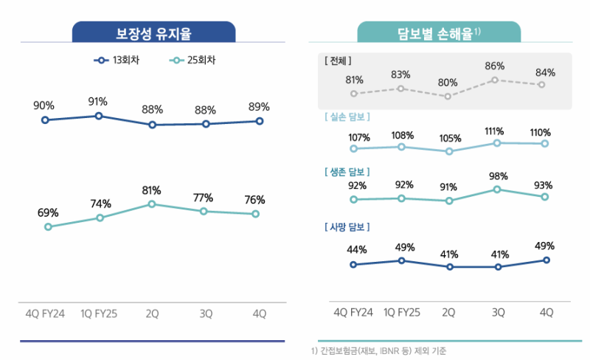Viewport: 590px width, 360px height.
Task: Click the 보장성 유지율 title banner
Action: [x=153, y=32]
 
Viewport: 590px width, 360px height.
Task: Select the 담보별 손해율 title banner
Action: [x=439, y=32]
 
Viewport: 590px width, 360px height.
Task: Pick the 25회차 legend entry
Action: [x=197, y=60]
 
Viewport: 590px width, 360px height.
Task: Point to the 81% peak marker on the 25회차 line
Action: [x=152, y=204]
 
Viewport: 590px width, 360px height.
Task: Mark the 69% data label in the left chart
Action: [x=48, y=213]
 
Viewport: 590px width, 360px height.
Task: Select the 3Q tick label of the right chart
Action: [x=499, y=313]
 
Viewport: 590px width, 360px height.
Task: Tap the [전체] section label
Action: [x=339, y=60]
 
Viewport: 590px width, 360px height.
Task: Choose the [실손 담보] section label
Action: [x=347, y=117]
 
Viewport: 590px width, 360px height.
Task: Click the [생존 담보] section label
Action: [x=347, y=171]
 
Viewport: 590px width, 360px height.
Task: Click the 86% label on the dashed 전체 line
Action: [x=495, y=66]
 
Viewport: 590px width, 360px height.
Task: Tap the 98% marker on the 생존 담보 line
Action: [x=498, y=190]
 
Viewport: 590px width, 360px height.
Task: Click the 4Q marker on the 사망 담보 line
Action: [x=546, y=260]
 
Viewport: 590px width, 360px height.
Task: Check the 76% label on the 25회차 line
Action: [x=254, y=200]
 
